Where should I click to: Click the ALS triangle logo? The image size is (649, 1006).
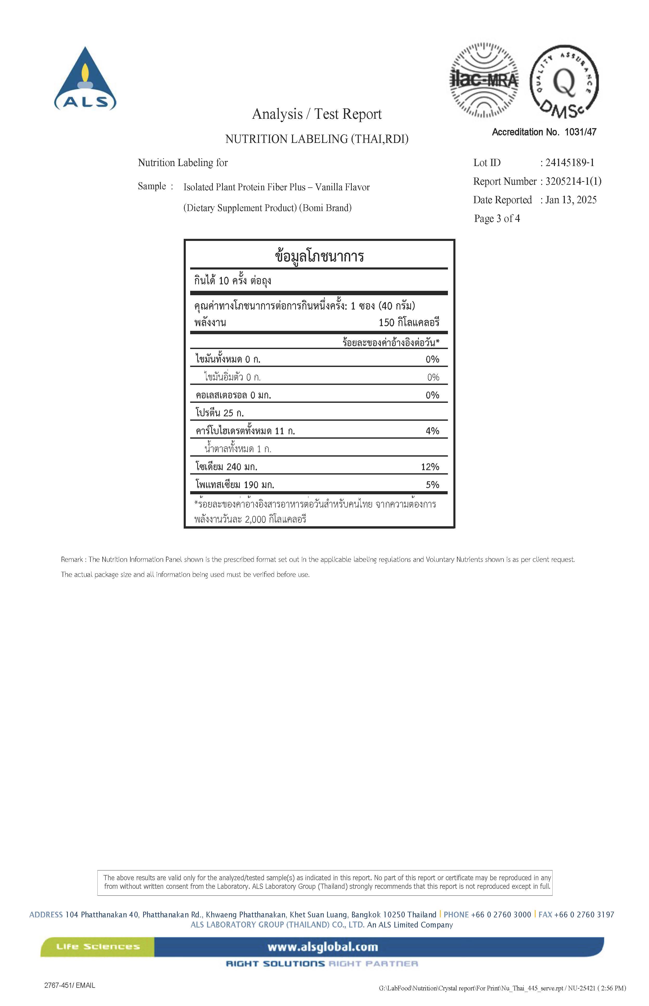pyautogui.click(x=85, y=79)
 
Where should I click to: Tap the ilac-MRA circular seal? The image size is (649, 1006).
pyautogui.click(x=484, y=80)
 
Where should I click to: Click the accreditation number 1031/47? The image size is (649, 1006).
pyautogui.click(x=580, y=132)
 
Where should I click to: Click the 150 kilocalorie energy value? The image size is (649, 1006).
pyautogui.click(x=408, y=323)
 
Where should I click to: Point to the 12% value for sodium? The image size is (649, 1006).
pyautogui.click(x=430, y=467)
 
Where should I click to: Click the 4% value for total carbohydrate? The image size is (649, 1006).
pyautogui.click(x=432, y=431)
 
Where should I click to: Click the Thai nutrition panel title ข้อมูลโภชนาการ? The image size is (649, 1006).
pyautogui.click(x=319, y=256)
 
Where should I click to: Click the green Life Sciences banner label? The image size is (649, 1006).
pyautogui.click(x=98, y=947)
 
